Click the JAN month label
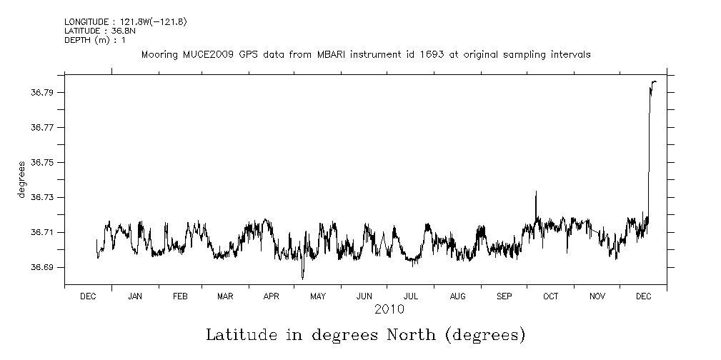pyautogui.click(x=135, y=296)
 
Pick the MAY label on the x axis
pyautogui.click(x=318, y=296)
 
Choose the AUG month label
pyautogui.click(x=458, y=296)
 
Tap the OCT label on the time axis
pyautogui.click(x=551, y=296)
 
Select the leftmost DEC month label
pyautogui.click(x=89, y=296)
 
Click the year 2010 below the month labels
pyautogui.click(x=389, y=309)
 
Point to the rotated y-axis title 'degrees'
pyautogui.click(x=23, y=180)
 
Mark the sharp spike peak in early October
pyautogui.click(x=536, y=191)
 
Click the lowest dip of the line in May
pyautogui.click(x=302, y=279)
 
